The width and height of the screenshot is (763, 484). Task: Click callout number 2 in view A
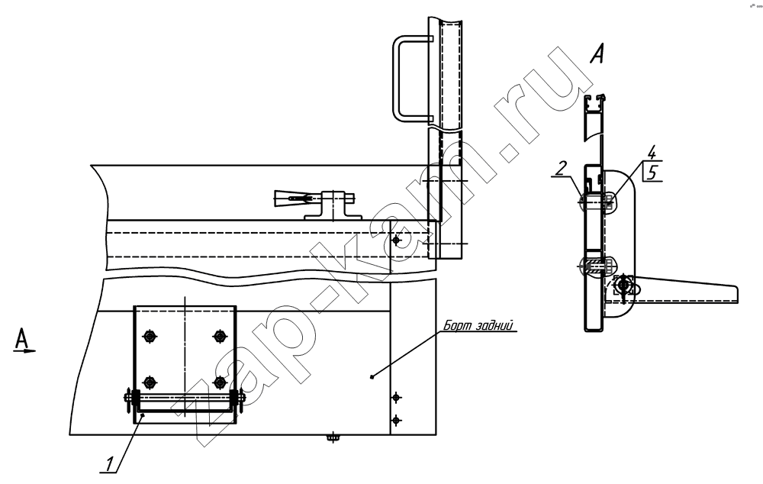561,169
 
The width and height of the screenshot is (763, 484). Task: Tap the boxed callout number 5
652,173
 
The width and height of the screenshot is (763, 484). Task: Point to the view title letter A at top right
597,53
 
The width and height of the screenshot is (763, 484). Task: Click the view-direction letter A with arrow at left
22,340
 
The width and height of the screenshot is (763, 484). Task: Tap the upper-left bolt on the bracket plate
150,336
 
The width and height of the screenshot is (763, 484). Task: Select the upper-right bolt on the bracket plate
220,336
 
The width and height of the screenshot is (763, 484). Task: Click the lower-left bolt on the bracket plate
150,382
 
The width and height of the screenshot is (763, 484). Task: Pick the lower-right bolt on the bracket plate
220,382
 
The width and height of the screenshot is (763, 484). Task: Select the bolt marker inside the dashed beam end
397,240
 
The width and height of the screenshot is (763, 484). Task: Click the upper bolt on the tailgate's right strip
397,398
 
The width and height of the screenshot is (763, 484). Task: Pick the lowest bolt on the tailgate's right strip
397,420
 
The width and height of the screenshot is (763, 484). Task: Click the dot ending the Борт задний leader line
372,376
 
